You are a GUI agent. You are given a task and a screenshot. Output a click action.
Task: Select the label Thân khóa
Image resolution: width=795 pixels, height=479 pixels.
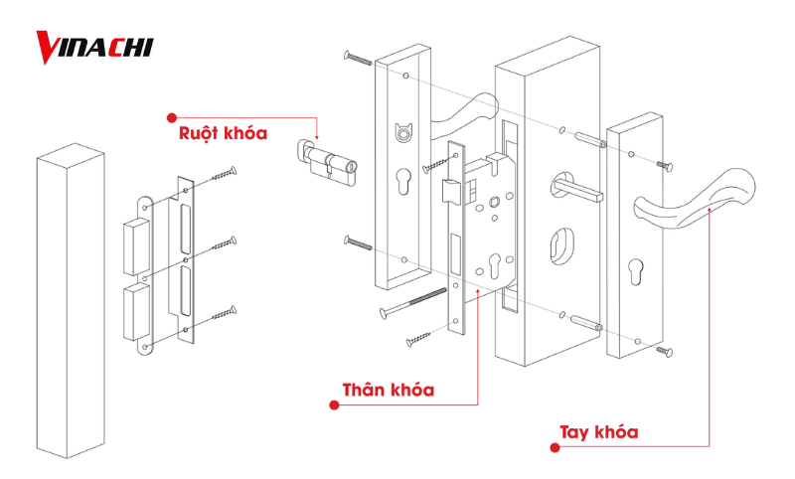point(388,390)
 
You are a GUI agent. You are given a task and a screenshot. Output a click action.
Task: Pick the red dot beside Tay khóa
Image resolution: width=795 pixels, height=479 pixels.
point(556,448)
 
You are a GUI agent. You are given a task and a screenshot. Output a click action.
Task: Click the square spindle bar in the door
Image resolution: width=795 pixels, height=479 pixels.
point(576,186)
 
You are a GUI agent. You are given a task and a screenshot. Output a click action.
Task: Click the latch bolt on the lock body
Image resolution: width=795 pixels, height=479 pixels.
point(447,191)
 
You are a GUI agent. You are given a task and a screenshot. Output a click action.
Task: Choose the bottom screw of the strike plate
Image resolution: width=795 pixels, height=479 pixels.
point(225,314)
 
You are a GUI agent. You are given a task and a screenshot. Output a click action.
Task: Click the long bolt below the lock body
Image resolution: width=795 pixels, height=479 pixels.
point(408,306)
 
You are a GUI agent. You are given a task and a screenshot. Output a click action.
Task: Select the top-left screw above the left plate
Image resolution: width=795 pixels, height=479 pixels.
point(357,58)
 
